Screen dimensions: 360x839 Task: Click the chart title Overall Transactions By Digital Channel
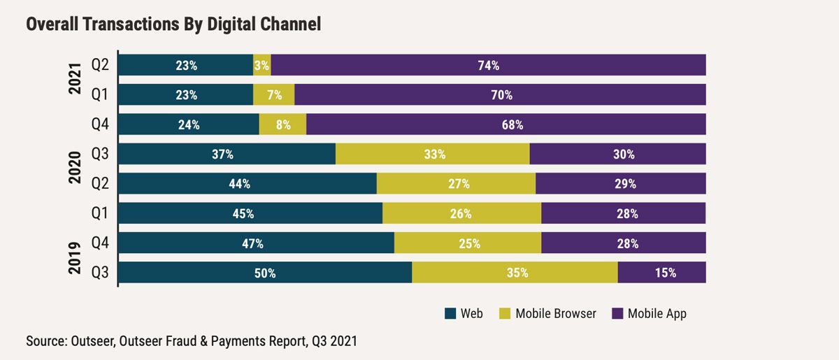point(173,25)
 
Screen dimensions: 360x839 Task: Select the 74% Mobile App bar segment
point(488,65)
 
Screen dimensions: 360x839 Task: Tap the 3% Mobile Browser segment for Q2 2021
point(262,65)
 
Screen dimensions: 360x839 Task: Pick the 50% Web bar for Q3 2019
point(265,273)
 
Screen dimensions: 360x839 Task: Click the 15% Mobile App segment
point(661,273)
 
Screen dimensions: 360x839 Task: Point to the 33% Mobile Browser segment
point(433,154)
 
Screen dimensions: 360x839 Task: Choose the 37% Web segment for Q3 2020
point(227,154)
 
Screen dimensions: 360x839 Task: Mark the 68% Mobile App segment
point(506,124)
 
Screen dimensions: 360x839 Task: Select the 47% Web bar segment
point(256,243)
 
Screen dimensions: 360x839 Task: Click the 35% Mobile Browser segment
point(515,273)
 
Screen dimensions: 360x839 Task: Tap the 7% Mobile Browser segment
point(274,94)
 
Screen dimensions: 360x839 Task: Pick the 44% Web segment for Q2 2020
point(248,184)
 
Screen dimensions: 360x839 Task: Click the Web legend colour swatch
point(450,313)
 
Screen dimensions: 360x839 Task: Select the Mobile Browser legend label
point(556,313)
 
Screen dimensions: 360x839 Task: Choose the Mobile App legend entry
point(657,313)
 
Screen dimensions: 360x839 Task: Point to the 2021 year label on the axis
point(76,80)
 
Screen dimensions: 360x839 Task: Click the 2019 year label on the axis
point(76,258)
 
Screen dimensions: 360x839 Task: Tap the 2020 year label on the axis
point(76,168)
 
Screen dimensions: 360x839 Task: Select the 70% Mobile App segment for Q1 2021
point(501,94)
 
